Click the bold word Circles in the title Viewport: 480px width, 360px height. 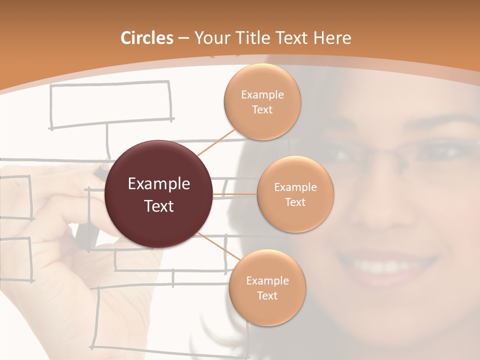[x=147, y=38]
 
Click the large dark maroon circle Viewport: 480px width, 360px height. [x=158, y=194]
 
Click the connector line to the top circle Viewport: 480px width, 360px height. [x=218, y=140]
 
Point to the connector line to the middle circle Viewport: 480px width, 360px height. [x=234, y=194]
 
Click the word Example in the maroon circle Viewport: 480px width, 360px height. [x=158, y=184]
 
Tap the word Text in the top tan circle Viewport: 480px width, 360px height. [x=262, y=110]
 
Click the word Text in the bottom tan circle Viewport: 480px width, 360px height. [x=267, y=296]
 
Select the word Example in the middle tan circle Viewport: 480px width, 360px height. [x=295, y=187]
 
